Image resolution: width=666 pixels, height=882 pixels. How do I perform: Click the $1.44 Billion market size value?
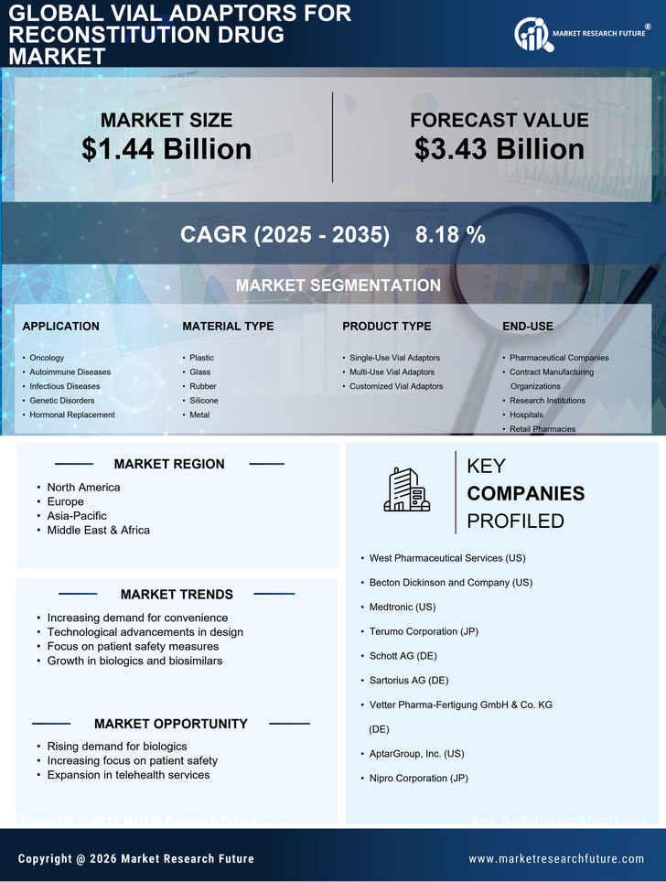(x=166, y=149)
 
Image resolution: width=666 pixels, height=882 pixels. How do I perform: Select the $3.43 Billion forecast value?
(x=499, y=149)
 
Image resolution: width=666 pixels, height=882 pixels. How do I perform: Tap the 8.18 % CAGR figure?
(x=450, y=234)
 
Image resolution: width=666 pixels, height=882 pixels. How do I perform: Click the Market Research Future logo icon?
(x=532, y=35)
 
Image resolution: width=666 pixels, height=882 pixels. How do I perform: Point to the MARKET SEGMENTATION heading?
(x=338, y=285)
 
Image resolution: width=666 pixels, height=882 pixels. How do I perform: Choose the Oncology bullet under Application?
(x=47, y=358)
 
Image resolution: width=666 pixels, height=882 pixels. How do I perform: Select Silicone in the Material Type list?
(x=204, y=401)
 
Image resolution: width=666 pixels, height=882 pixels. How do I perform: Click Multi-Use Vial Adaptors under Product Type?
(x=392, y=372)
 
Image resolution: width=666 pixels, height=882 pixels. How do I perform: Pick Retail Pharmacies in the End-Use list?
(x=543, y=429)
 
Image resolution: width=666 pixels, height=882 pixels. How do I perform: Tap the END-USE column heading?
(x=528, y=326)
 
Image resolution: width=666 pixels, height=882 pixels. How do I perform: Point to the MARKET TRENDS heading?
(x=177, y=595)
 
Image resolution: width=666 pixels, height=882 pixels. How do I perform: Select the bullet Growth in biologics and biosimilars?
(x=134, y=661)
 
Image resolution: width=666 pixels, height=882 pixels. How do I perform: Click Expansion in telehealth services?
(x=128, y=775)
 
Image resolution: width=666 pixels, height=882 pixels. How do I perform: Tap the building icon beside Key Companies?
(x=407, y=490)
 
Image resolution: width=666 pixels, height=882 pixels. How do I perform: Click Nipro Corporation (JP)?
(x=418, y=779)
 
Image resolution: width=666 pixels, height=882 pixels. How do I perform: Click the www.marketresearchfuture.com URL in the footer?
(x=556, y=858)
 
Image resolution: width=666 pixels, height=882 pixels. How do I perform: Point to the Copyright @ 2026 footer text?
(x=136, y=858)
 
